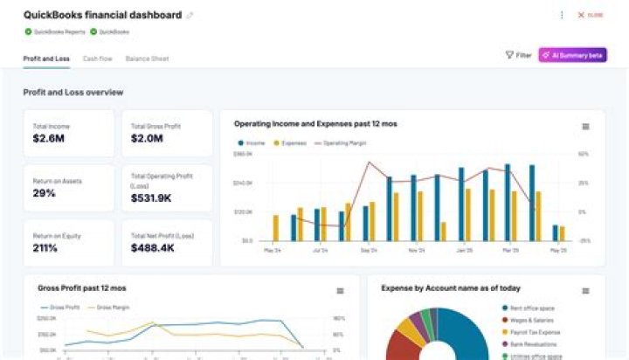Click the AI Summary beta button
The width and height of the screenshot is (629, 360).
pos(572,55)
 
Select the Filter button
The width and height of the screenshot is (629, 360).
pos(518,55)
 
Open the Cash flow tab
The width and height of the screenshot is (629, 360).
pos(97,59)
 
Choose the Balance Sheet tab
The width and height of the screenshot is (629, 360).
pos(147,59)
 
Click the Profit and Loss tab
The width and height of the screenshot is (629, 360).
pos(46,59)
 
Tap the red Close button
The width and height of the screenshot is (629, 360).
pos(591,15)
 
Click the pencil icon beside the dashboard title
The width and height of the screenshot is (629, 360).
pos(190,16)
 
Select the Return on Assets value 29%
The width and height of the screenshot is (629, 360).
pos(45,193)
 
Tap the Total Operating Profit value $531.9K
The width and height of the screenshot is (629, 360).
pos(151,198)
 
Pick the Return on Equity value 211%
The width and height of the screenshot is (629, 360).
pos(45,248)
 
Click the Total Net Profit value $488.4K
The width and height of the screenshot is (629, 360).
pos(152,248)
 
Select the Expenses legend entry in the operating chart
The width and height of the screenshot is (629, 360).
pos(290,142)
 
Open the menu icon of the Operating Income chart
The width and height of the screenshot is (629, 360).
pos(585,127)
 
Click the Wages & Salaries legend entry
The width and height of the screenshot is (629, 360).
pos(531,320)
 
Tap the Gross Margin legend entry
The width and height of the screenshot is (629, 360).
pos(110,308)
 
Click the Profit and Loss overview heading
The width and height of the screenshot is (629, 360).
pos(73,92)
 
